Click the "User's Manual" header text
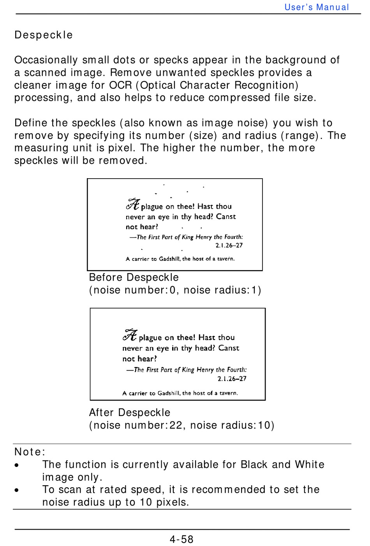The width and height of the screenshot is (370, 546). [317, 7]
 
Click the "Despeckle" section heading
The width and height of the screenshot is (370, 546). [44, 35]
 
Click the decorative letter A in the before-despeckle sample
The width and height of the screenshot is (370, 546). [133, 204]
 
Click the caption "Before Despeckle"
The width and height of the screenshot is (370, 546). [134, 277]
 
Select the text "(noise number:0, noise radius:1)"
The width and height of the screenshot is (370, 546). [175, 290]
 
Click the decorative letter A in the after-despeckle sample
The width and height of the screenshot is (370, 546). [130, 335]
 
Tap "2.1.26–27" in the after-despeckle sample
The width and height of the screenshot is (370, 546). [232, 379]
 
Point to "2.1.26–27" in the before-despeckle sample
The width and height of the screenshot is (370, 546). [229, 245]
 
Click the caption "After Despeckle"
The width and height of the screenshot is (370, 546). [130, 413]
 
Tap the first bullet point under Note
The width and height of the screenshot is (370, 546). [16, 465]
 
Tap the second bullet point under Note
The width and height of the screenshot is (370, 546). [16, 490]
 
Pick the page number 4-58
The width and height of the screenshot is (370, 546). [181, 539]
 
